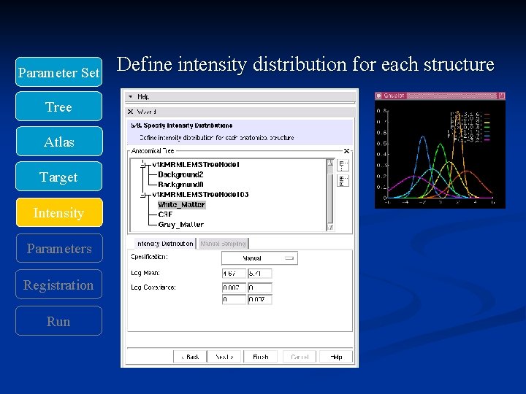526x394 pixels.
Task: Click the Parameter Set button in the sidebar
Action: click(58, 72)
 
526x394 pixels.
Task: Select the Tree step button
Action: click(58, 107)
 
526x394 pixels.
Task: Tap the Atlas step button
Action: click(58, 142)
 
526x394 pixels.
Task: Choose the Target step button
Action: click(58, 177)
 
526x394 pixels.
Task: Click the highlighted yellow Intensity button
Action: click(58, 213)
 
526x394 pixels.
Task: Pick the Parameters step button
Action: click(58, 249)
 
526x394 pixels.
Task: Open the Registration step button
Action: click(58, 285)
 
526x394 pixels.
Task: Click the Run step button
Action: click(58, 322)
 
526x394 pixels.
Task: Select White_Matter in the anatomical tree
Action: click(181, 205)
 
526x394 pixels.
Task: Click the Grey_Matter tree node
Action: click(180, 225)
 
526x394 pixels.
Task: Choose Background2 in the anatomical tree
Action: click(180, 174)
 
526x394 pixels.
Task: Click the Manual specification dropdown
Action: click(259, 258)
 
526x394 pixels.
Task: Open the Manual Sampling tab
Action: click(223, 244)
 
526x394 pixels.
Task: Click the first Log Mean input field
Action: click(233, 274)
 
